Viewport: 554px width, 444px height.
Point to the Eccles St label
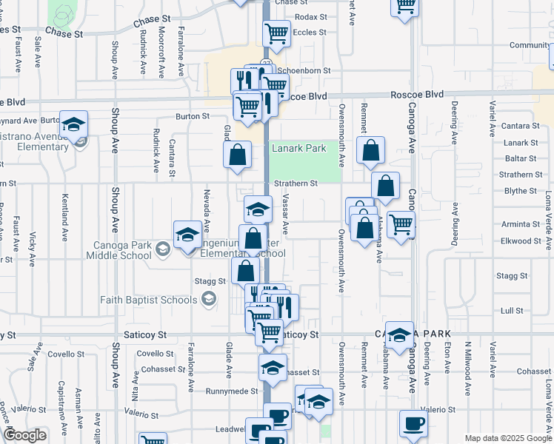(310, 33)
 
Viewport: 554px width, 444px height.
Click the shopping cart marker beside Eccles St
(276, 33)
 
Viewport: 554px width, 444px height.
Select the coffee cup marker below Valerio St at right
(413, 424)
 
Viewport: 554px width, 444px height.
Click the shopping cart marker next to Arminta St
(401, 223)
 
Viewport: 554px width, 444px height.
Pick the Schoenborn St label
(310, 71)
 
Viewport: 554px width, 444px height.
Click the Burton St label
(193, 116)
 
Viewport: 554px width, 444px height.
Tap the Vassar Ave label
(286, 217)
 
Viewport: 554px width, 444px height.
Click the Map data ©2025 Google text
(507, 438)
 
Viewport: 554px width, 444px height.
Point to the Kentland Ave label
(65, 212)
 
